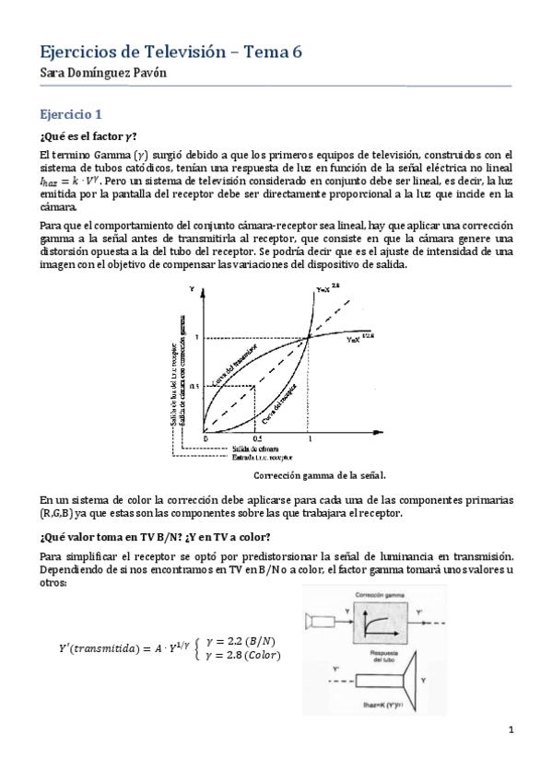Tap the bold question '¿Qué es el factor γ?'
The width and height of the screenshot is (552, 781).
(x=88, y=137)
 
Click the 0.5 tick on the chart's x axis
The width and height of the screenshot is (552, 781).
(x=257, y=439)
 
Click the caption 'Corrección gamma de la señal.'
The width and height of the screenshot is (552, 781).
(x=319, y=476)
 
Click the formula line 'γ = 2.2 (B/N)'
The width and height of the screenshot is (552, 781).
(x=246, y=641)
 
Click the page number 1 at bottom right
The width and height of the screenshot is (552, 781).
(x=510, y=730)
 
